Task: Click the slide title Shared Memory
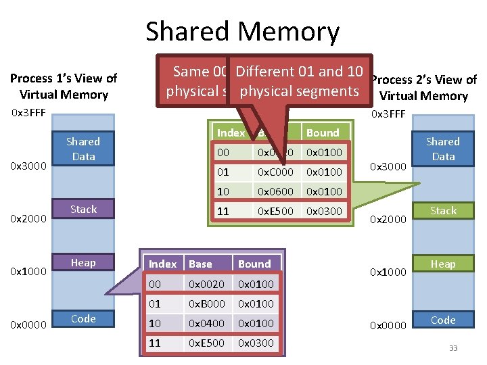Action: point(242,32)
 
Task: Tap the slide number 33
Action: point(453,348)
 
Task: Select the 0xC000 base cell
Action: point(275,172)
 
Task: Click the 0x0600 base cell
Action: point(275,192)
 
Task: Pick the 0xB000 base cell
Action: point(206,303)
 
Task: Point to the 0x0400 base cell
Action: point(206,323)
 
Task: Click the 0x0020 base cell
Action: point(206,284)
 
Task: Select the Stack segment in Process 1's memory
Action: point(83,210)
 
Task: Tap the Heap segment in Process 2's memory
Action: point(443,264)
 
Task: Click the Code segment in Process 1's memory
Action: point(83,319)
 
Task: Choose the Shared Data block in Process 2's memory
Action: point(443,149)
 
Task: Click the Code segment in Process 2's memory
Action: point(443,320)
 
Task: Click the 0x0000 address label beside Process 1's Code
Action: point(28,325)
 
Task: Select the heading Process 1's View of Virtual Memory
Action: point(64,87)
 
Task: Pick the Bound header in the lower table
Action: point(254,264)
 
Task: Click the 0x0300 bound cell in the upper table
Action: point(323,212)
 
